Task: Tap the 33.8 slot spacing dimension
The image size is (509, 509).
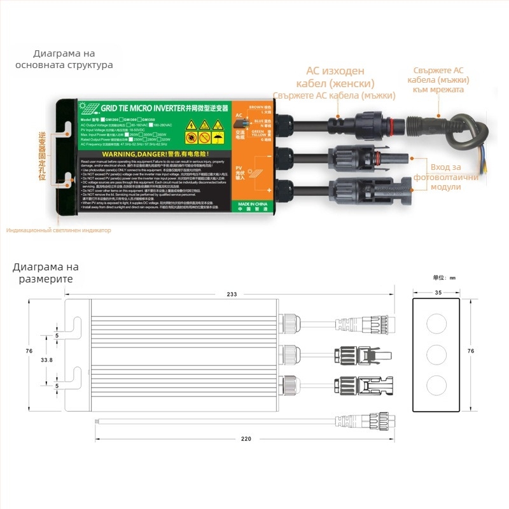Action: pos(46,359)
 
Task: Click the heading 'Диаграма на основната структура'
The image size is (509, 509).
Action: pos(64,59)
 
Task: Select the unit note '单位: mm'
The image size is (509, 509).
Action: pos(445,278)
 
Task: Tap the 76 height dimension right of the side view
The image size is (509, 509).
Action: pos(471,351)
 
